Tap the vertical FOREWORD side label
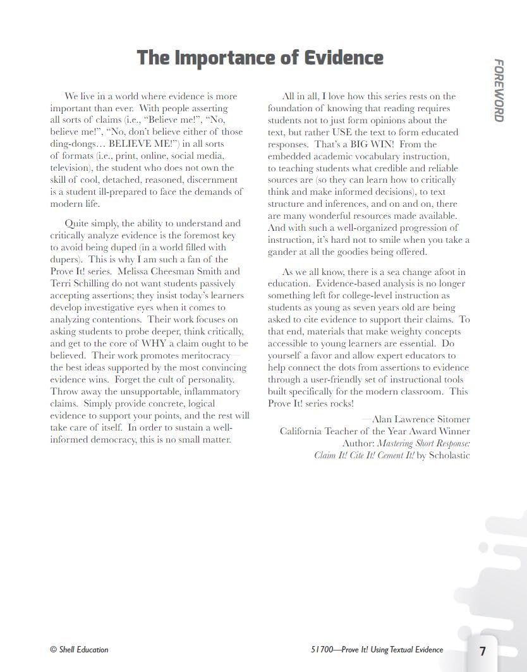pos(499,90)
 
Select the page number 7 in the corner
pos(483,651)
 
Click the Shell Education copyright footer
pos(79,649)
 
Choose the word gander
pos(282,252)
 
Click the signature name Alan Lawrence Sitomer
pos(421,419)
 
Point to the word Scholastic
pos(449,455)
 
